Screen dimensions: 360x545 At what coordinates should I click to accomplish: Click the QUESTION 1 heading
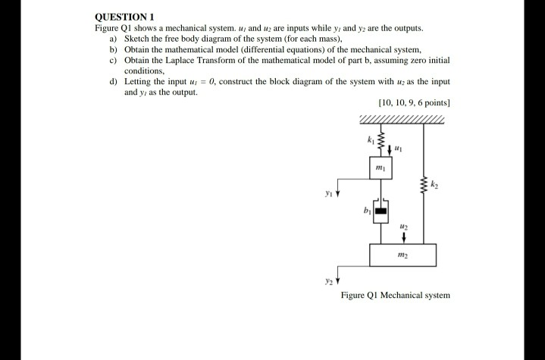[x=124, y=15]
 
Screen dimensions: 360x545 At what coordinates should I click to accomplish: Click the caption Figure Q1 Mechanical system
[x=395, y=294]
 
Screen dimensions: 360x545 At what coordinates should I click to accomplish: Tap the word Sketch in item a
[x=138, y=37]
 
